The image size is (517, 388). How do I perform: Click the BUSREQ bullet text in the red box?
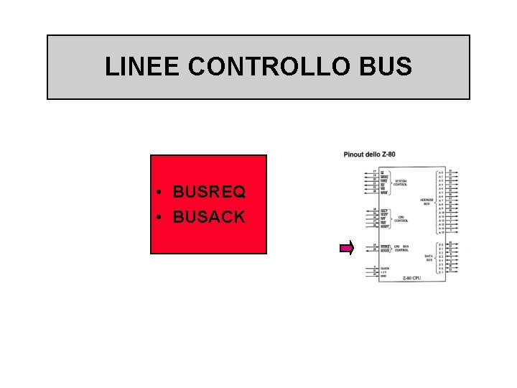click(x=209, y=193)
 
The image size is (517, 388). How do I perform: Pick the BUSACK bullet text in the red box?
click(x=209, y=216)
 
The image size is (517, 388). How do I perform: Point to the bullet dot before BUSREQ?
click(x=162, y=193)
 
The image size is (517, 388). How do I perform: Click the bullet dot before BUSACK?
click(x=162, y=216)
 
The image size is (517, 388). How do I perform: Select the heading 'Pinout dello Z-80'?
click(x=369, y=154)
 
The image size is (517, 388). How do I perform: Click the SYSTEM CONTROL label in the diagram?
click(x=401, y=183)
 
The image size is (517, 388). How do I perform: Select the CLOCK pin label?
click(x=385, y=267)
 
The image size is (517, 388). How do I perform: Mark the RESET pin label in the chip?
click(x=385, y=227)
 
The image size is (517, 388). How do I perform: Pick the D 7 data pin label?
click(x=441, y=273)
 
